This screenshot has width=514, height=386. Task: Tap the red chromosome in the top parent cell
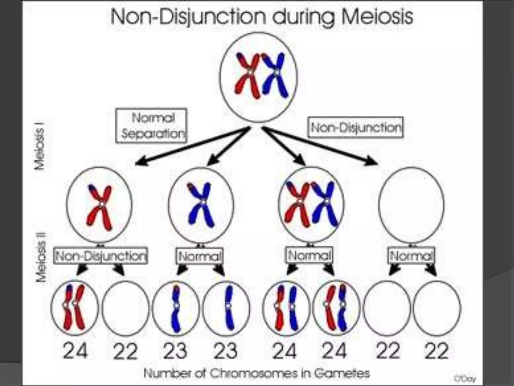tap(247, 75)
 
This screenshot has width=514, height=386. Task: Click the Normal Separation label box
tap(152, 126)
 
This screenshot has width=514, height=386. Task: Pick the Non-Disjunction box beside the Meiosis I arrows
tap(356, 127)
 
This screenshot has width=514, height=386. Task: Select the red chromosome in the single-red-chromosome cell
tap(99, 207)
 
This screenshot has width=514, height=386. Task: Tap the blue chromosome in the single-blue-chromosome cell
tap(201, 205)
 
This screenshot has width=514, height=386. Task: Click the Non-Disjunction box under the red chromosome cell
tap(101, 256)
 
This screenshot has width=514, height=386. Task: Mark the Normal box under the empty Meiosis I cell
tap(411, 256)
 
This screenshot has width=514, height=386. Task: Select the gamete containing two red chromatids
tap(75, 308)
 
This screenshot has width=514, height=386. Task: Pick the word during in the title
tap(301, 17)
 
